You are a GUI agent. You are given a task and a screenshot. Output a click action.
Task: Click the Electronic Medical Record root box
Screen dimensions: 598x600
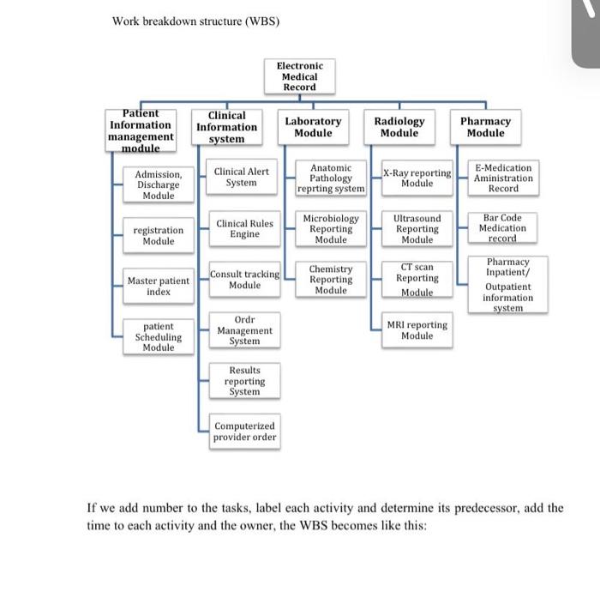click(300, 76)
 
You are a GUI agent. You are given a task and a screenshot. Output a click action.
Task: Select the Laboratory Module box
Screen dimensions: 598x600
click(313, 128)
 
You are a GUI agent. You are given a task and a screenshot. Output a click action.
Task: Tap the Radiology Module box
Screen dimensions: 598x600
click(399, 128)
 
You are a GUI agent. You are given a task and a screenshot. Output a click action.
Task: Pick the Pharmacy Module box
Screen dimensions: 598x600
click(485, 128)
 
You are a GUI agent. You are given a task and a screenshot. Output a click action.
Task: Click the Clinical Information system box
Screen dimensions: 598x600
click(226, 127)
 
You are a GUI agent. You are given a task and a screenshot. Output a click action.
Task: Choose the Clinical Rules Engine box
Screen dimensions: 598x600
click(244, 229)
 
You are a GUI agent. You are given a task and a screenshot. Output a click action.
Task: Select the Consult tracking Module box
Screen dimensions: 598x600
click(245, 280)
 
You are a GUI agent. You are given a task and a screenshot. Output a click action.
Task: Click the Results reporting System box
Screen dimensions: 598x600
click(244, 381)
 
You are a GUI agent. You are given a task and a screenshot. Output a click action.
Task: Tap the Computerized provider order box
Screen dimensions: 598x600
click(244, 432)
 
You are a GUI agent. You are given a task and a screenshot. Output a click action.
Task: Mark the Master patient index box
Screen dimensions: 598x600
click(159, 287)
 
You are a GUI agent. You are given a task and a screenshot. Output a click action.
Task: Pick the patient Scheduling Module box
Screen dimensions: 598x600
click(159, 337)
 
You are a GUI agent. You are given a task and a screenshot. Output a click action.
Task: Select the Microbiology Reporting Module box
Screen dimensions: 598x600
click(331, 229)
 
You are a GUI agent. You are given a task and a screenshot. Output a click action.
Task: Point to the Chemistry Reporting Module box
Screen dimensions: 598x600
click(331, 280)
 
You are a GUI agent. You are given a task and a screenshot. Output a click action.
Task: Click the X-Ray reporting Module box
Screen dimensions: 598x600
click(417, 178)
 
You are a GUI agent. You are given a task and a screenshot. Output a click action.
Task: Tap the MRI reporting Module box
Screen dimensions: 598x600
click(417, 330)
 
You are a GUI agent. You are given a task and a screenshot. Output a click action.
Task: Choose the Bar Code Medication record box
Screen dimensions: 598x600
click(502, 228)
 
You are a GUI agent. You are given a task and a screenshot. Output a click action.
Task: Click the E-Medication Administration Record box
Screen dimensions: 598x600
click(503, 178)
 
